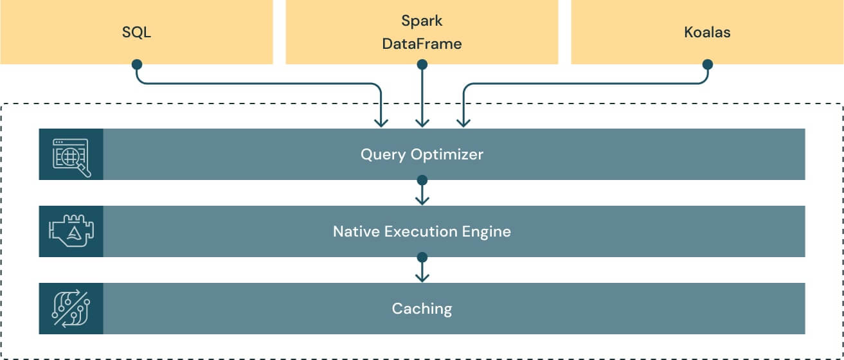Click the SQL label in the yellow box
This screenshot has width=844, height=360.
(136, 32)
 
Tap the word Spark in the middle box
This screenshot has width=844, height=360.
(422, 21)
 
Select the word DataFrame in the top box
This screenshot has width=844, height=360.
(422, 44)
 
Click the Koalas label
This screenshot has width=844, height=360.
(707, 32)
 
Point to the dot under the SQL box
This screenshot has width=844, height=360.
(136, 64)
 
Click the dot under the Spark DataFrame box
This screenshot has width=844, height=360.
(422, 64)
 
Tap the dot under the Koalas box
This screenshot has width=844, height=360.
(707, 64)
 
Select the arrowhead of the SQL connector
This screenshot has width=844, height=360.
(381, 122)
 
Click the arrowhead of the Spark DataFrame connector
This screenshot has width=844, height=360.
(422, 122)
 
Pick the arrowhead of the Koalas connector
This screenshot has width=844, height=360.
(463, 122)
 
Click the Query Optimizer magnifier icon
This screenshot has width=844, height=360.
(71, 155)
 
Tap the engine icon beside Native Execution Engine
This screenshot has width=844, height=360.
(71, 231)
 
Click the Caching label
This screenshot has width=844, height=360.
(422, 309)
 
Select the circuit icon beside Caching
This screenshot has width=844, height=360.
(71, 309)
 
